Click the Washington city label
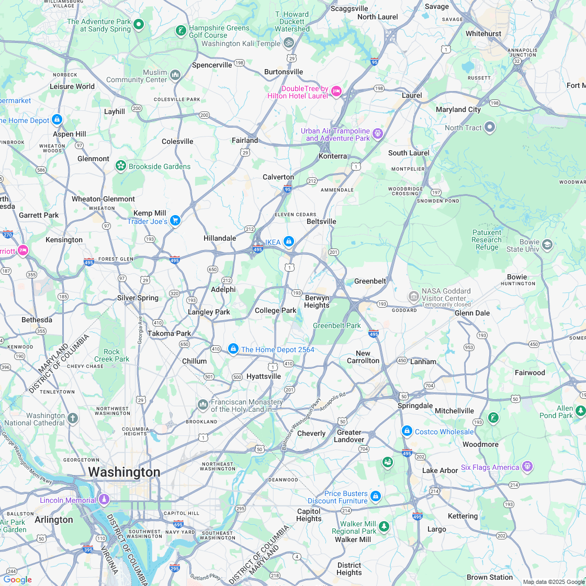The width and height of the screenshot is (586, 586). click(x=124, y=472)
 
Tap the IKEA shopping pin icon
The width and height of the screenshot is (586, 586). click(x=288, y=241)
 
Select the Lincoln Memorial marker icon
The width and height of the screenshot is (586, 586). click(x=104, y=500)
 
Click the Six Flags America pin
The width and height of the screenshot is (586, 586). click(x=527, y=466)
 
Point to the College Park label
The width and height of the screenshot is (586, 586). click(x=275, y=310)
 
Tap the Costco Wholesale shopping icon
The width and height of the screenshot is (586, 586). click(x=407, y=431)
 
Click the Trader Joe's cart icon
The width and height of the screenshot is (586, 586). click(x=175, y=220)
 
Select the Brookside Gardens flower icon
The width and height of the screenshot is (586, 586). click(x=121, y=166)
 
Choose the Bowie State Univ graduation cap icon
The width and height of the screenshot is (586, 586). click(x=547, y=244)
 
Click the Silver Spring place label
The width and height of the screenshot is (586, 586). click(x=138, y=298)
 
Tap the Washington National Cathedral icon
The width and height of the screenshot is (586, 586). click(x=73, y=418)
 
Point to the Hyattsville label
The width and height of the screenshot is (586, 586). click(x=264, y=376)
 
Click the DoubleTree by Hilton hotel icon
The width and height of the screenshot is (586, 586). click(x=336, y=92)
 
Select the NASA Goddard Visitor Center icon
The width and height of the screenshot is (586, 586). click(x=413, y=297)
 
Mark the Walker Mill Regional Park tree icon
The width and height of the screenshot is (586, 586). click(x=384, y=526)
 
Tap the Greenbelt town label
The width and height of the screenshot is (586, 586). click(x=370, y=281)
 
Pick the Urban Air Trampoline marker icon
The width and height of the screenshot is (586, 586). click(x=377, y=134)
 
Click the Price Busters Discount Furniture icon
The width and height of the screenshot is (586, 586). click(x=375, y=496)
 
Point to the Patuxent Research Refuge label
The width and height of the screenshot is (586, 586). click(x=487, y=240)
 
